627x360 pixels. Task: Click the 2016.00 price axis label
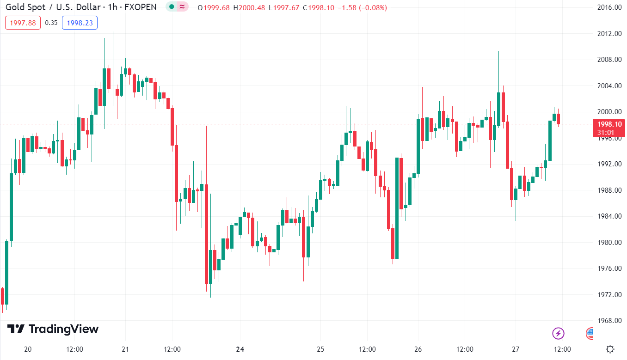(x=609, y=7)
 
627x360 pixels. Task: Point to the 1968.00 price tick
(x=609, y=321)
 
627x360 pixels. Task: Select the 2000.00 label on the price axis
(x=609, y=112)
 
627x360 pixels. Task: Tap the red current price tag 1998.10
(x=609, y=124)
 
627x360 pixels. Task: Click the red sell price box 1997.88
(x=23, y=23)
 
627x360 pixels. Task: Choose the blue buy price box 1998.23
(x=80, y=23)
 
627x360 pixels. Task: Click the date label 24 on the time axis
(x=240, y=349)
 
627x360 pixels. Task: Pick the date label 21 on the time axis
(x=125, y=349)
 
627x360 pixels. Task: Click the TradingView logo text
(x=63, y=329)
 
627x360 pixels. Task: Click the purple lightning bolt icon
(x=559, y=333)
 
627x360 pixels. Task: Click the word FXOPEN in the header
(x=140, y=7)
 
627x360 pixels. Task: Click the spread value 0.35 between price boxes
(x=51, y=23)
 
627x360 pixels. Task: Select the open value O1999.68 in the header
(x=213, y=8)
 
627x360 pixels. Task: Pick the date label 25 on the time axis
(x=321, y=349)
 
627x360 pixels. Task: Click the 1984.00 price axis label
(x=609, y=216)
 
